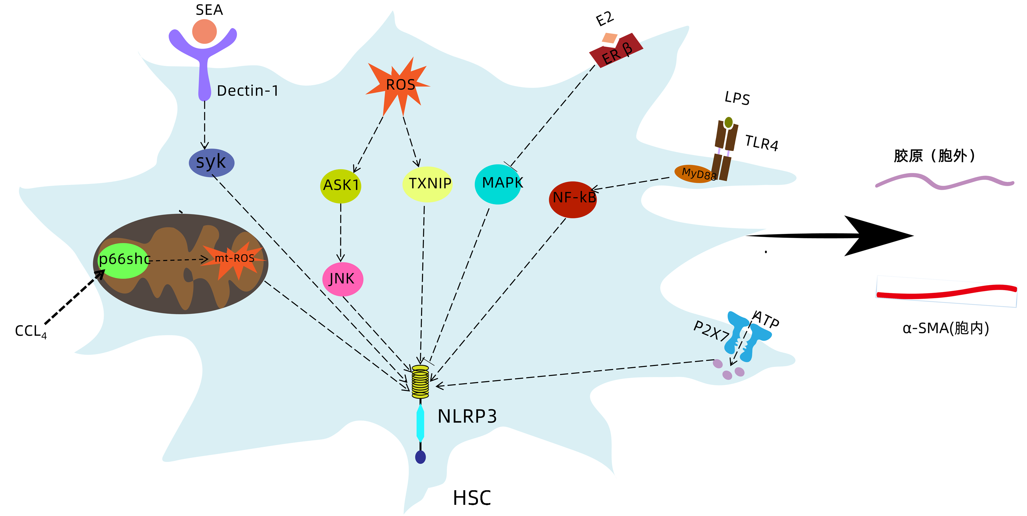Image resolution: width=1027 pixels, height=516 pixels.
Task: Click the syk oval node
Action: coord(211,163)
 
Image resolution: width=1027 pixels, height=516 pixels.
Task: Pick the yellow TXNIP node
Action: coord(427,184)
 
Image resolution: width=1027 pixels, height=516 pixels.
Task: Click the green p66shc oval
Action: coord(123,260)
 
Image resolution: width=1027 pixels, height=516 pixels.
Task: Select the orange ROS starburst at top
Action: coord(399,84)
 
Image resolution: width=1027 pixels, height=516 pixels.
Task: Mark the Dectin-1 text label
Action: coord(248,91)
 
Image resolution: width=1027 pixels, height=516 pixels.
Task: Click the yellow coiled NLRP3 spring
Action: coord(420,381)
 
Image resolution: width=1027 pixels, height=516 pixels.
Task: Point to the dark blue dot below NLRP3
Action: coord(420,457)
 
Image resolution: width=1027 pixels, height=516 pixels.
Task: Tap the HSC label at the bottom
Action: coord(472,498)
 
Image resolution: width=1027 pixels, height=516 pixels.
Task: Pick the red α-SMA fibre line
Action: coord(945,291)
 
